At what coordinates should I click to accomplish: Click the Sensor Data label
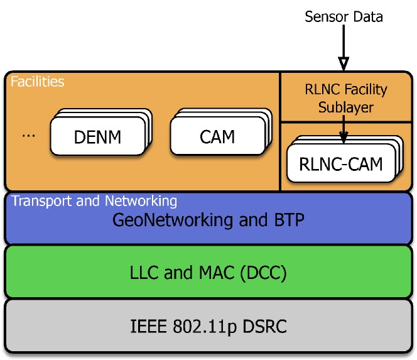(x=343, y=16)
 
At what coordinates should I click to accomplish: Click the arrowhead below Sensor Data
(x=343, y=64)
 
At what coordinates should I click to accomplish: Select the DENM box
(x=97, y=136)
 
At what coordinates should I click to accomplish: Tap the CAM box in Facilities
(x=217, y=136)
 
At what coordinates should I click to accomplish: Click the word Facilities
(x=38, y=82)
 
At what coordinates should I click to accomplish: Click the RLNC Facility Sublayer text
(x=345, y=99)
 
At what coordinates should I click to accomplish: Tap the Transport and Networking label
(x=94, y=201)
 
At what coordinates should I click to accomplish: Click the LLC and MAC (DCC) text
(x=208, y=273)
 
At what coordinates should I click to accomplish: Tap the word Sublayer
(x=345, y=107)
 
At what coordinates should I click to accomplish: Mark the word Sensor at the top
(x=325, y=16)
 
